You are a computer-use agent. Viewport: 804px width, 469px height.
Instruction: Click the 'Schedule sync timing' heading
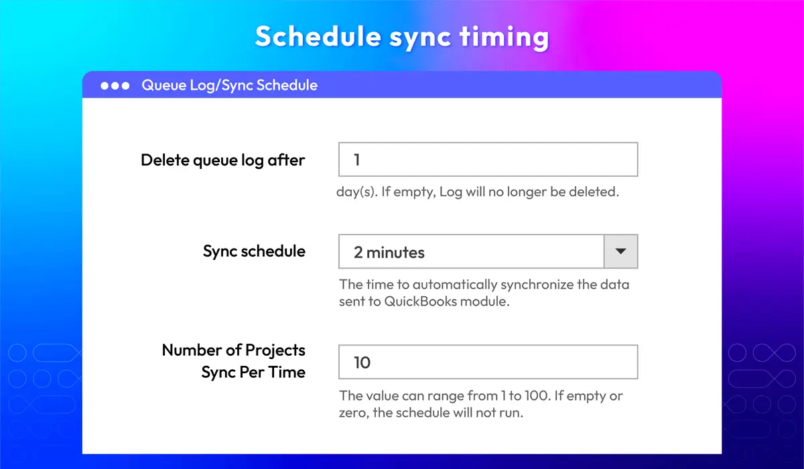coord(402,38)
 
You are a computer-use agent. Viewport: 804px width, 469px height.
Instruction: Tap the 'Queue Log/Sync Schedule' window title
coord(230,85)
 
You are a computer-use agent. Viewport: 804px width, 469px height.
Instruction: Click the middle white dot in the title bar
coord(115,86)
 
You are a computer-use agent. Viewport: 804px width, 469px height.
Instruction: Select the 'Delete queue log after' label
coord(223,160)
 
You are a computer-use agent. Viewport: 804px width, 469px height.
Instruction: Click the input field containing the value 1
coord(488,159)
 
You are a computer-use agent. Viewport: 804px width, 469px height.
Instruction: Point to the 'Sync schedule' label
coord(254,251)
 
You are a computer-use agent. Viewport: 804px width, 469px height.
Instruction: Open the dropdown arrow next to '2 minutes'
coord(621,251)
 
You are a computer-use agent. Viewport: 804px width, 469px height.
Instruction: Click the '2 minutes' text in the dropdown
coord(389,253)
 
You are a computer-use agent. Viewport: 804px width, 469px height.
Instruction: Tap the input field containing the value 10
coord(488,362)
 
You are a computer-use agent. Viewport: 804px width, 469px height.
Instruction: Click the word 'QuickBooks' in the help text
coord(421,301)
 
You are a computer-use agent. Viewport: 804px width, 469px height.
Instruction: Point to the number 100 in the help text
coord(537,396)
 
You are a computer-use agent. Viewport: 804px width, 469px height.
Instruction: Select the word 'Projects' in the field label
coord(275,350)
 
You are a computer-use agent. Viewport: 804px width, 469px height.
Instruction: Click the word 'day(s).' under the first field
coord(357,192)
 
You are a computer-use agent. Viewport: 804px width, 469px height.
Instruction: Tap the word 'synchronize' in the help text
coord(537,285)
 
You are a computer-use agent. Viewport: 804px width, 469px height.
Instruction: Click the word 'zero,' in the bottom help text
coord(354,413)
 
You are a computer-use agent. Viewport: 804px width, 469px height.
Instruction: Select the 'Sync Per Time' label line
coord(253,373)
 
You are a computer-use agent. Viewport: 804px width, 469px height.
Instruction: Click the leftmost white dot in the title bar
coord(105,86)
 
